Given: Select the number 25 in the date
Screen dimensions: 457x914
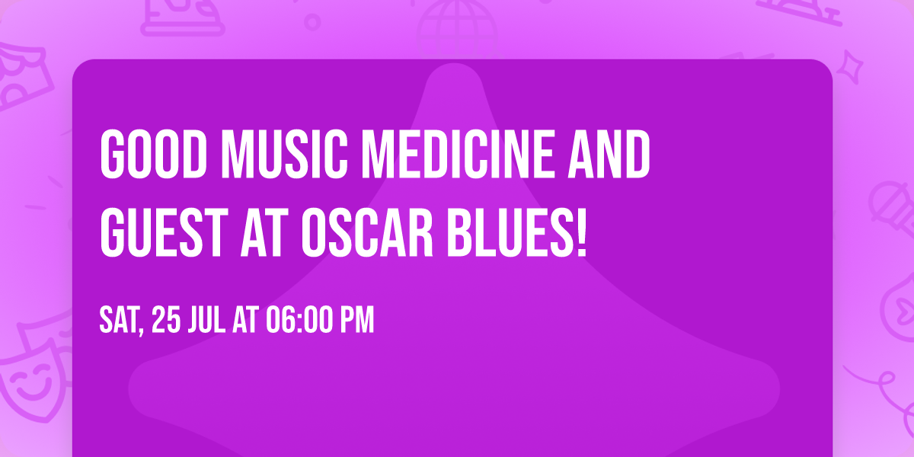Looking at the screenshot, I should (166, 321).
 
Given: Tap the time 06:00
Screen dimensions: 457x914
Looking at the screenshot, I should (298, 321).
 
